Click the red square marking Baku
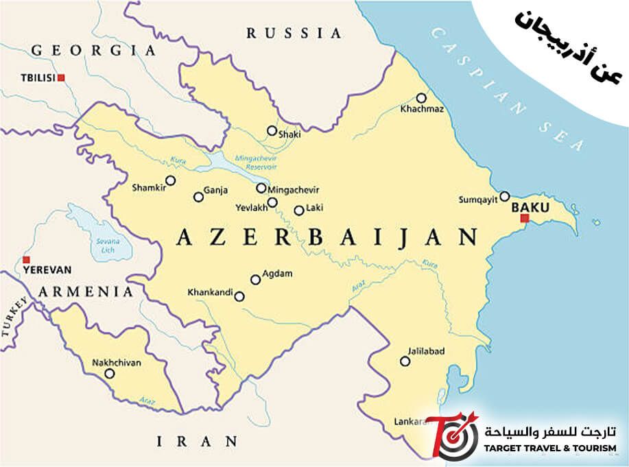(x=525, y=219)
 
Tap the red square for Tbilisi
(x=61, y=77)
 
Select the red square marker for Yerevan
(x=26, y=259)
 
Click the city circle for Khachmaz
(x=421, y=97)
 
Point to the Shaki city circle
(x=272, y=130)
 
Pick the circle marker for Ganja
(x=198, y=197)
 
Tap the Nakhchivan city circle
(x=109, y=374)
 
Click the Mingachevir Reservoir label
(x=255, y=162)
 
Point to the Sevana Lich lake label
(x=108, y=245)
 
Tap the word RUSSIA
(x=294, y=33)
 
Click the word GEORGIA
(x=94, y=50)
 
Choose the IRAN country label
(x=197, y=441)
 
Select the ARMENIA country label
(x=86, y=291)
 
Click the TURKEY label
(x=14, y=318)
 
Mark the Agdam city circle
(x=256, y=279)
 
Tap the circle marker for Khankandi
(x=239, y=296)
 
